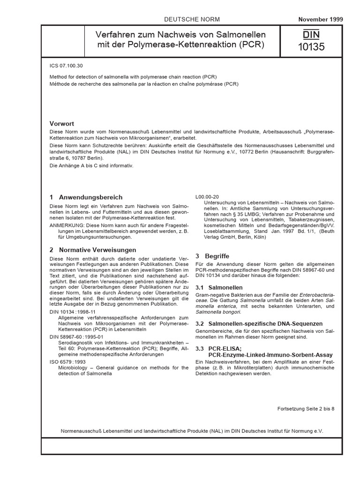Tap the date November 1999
(x=321, y=19)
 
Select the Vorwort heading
(x=62, y=123)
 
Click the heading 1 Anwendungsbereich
(x=86, y=197)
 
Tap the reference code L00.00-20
(x=207, y=197)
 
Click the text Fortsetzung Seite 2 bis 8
(x=306, y=409)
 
